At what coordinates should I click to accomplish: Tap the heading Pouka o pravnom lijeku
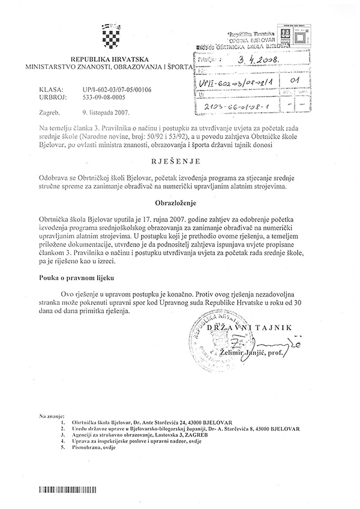[74, 278]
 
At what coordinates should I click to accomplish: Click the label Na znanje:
[51, 415]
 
